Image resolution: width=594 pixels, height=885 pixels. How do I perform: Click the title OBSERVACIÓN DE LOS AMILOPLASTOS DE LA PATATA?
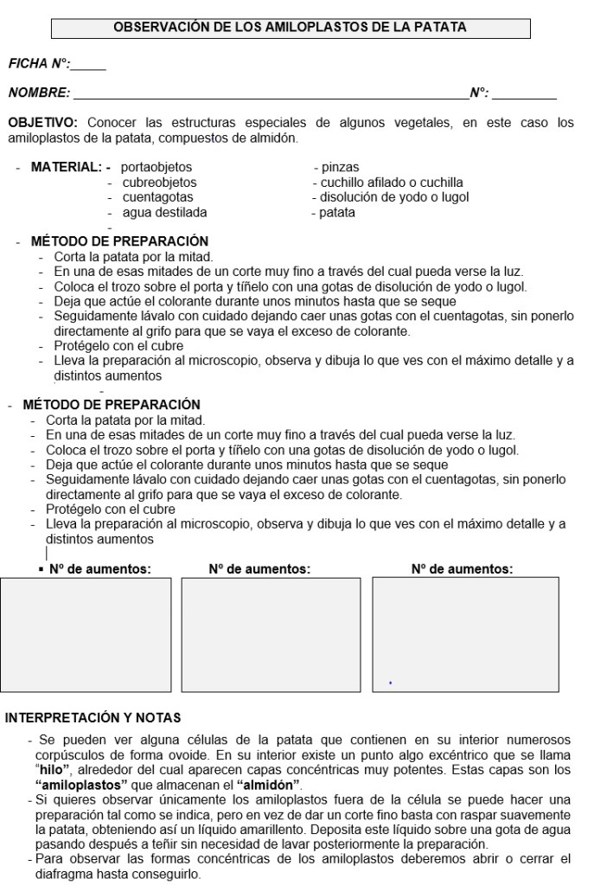coord(291,28)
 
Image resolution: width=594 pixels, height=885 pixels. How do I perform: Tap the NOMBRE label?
coord(38,92)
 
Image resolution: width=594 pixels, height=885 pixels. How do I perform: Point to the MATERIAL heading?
coord(66,167)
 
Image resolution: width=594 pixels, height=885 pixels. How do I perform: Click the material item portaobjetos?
coord(156,167)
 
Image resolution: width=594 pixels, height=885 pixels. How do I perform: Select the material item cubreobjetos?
coord(159,183)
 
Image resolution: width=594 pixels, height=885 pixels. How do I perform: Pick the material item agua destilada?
coord(164,213)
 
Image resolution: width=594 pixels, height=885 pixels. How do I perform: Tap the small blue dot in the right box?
coord(391,683)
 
